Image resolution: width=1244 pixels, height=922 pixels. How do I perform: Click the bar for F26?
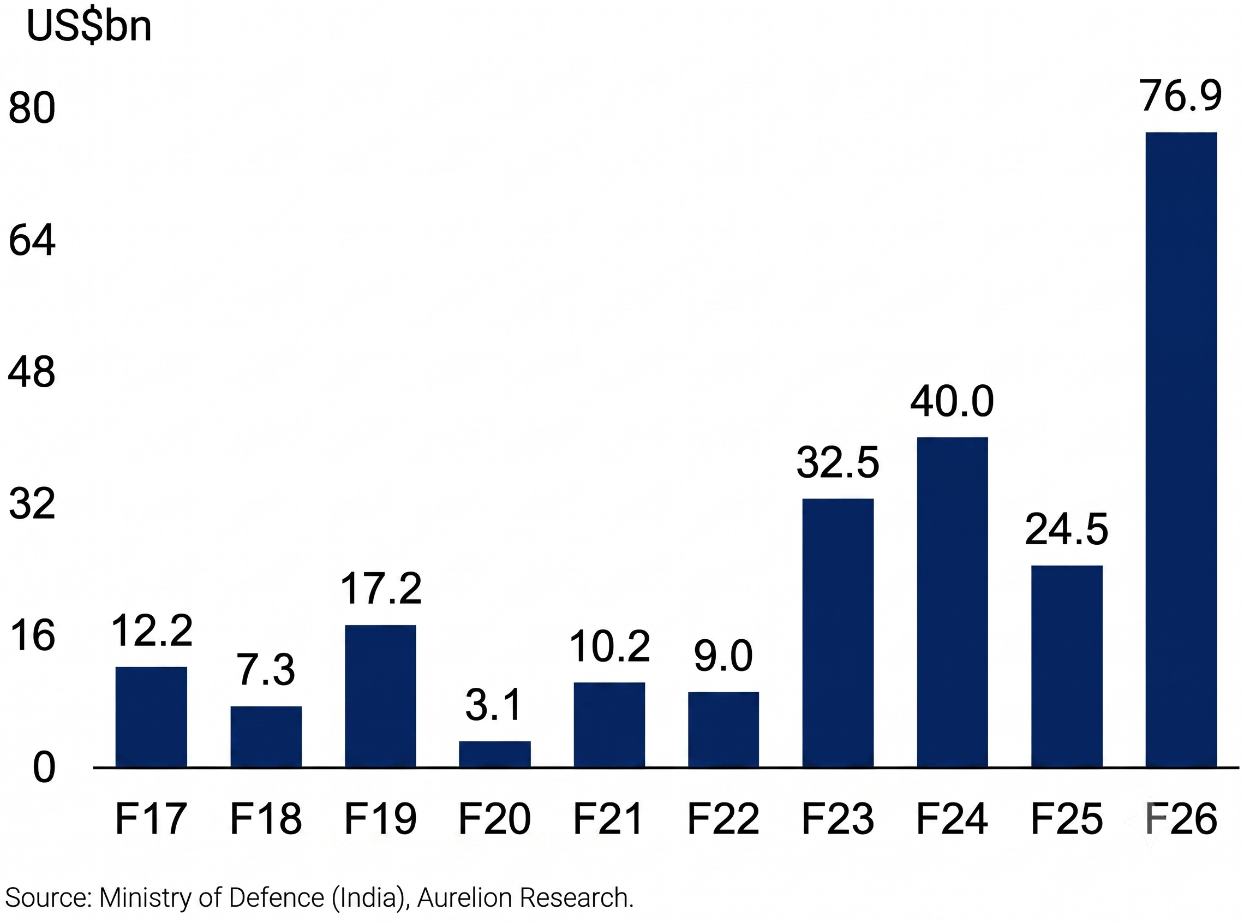click(x=1180, y=449)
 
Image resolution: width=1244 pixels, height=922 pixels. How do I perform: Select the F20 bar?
click(x=494, y=754)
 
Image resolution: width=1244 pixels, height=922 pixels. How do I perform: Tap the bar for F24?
click(x=952, y=602)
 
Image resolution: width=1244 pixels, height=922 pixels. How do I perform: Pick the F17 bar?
click(x=151, y=717)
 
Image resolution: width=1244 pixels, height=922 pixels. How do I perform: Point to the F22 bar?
click(x=723, y=729)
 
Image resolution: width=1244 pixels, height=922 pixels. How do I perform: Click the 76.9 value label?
click(x=1180, y=96)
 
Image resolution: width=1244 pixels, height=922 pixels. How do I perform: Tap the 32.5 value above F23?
click(x=838, y=463)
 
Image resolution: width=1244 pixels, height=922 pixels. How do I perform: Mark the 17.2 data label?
click(x=380, y=589)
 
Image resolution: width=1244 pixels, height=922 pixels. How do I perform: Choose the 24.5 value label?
click(x=1066, y=530)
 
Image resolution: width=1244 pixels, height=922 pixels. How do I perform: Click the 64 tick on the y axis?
click(x=32, y=240)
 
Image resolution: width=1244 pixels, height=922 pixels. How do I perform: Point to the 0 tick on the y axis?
click(x=44, y=768)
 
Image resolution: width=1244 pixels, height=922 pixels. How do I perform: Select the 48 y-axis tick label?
click(x=32, y=372)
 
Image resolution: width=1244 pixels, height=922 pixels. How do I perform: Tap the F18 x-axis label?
click(x=266, y=819)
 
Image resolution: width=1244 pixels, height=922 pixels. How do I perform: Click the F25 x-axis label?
click(x=1066, y=819)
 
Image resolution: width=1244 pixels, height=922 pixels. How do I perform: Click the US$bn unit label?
click(x=89, y=26)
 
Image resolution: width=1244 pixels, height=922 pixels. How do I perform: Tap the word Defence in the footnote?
click(x=277, y=897)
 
